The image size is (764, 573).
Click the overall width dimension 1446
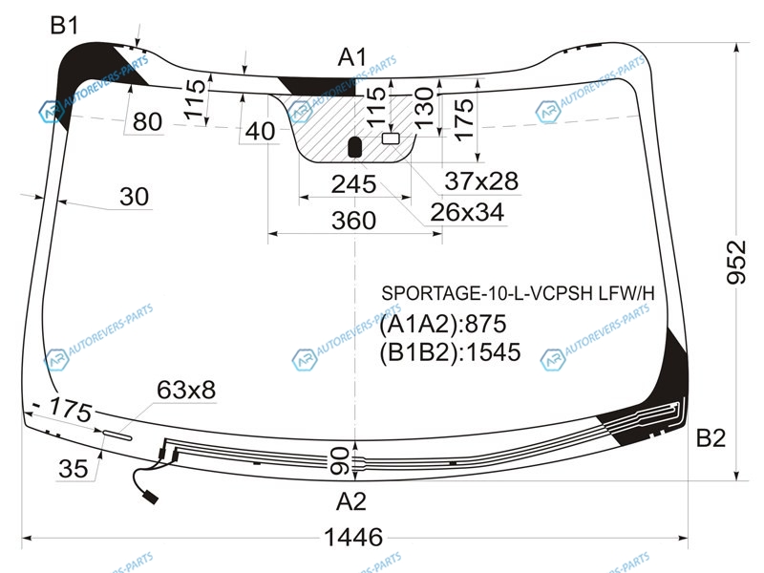353,538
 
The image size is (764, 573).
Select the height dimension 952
736,262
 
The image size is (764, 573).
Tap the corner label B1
64,26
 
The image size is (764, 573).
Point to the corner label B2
711,437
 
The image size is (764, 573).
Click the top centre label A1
352,57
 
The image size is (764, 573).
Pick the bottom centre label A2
350,501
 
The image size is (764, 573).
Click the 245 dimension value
353,184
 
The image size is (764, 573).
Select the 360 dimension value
353,221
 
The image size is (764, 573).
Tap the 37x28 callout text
481,181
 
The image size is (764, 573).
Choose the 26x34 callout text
467,212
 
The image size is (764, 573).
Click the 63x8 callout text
186,391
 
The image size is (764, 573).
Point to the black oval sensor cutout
355,147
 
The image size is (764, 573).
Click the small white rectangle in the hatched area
391,138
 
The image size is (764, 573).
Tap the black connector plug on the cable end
151,498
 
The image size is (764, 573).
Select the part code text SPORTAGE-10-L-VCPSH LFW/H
518,294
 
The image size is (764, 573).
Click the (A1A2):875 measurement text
443,324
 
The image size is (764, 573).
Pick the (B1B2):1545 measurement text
450,351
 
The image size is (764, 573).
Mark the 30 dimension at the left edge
134,197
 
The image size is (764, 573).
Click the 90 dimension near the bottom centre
340,461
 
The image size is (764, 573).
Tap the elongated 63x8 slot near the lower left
117,435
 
